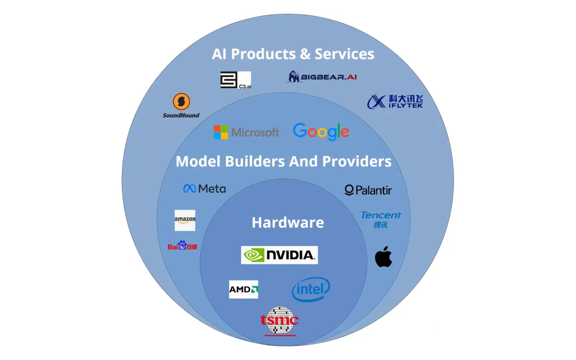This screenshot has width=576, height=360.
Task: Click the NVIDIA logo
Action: (279, 255)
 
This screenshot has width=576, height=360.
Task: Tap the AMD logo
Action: (244, 289)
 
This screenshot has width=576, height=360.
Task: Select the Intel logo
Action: (310, 289)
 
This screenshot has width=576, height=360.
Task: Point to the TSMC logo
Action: (279, 321)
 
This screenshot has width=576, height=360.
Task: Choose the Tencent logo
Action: (381, 220)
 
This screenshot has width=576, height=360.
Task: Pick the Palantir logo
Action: (368, 190)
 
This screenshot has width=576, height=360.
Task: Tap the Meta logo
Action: (204, 189)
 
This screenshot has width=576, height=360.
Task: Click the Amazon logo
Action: (185, 220)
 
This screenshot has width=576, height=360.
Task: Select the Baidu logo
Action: (182, 245)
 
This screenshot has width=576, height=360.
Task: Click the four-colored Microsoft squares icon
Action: (221, 132)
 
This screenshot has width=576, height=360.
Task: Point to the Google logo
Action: (321, 132)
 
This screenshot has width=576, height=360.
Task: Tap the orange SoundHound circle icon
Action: (181, 101)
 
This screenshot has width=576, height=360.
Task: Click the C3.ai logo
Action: (235, 80)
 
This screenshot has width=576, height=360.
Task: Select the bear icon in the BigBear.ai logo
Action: (293, 77)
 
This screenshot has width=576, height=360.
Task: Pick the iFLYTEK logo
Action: (395, 101)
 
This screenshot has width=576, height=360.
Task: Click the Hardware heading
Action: (288, 223)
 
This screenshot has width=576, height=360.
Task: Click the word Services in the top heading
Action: (344, 54)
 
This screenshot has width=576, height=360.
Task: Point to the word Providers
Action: (357, 161)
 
